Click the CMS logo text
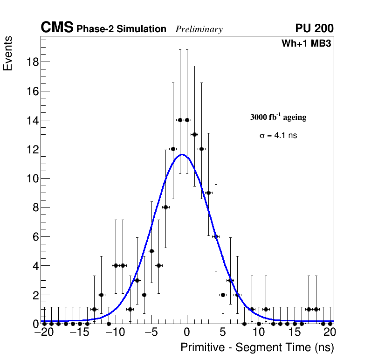point(57,28)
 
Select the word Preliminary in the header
point(199,29)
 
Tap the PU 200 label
point(314,28)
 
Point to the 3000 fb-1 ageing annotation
point(278,117)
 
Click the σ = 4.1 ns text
point(278,136)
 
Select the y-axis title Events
point(8,54)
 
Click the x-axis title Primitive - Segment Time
point(257,347)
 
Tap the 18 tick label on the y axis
point(31,62)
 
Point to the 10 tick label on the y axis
point(31,179)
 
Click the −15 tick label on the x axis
point(79,333)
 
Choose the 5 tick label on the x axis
point(223,333)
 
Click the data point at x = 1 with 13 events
point(194,135)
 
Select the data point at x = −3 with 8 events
point(165,208)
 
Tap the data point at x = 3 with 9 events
point(209,193)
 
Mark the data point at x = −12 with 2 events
point(101,295)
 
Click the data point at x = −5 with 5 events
point(151,251)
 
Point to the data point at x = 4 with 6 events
point(216,236)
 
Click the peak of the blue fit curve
point(183,154)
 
